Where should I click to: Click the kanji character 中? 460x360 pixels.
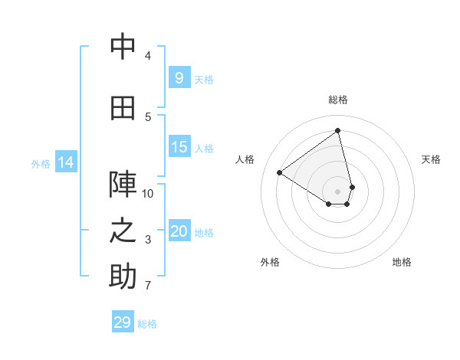click(123, 47)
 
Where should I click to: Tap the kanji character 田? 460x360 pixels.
click(123, 108)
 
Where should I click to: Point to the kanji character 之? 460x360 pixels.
click(123, 231)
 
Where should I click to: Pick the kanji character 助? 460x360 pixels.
click(123, 277)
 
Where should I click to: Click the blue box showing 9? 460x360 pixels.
click(179, 77)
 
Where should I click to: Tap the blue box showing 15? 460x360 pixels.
click(179, 147)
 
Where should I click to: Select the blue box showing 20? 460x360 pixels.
click(179, 231)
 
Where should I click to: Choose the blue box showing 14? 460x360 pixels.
click(66, 162)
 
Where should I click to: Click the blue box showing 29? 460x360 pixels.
click(123, 322)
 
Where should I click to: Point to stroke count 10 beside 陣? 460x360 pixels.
click(148, 194)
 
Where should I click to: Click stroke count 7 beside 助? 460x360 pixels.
click(148, 286)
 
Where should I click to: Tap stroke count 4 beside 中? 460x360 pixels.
click(148, 56)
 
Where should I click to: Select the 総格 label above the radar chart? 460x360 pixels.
click(338, 100)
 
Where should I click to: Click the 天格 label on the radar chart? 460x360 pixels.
click(431, 159)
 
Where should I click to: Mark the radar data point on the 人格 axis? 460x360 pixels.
click(280, 172)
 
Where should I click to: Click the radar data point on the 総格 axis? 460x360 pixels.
click(338, 130)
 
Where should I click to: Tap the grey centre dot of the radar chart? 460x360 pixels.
click(338, 191)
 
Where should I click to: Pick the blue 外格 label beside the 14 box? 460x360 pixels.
click(40, 163)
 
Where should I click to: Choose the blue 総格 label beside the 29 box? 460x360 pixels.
click(147, 324)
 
